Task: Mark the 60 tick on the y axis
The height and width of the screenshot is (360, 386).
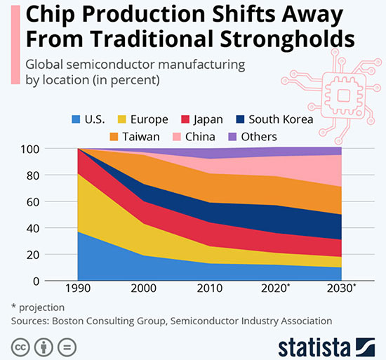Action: tap(31, 201)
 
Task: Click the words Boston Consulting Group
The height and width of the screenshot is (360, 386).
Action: tap(113, 321)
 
